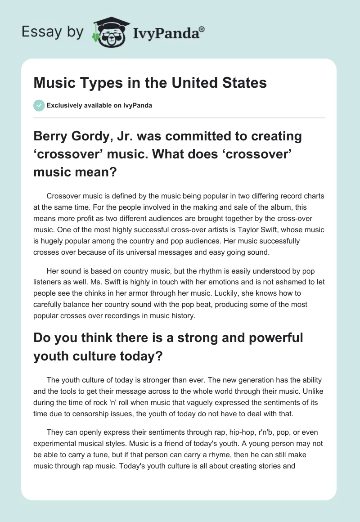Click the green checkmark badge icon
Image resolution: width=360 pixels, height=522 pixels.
point(39,105)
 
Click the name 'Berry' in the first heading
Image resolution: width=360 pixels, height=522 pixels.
point(51,136)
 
